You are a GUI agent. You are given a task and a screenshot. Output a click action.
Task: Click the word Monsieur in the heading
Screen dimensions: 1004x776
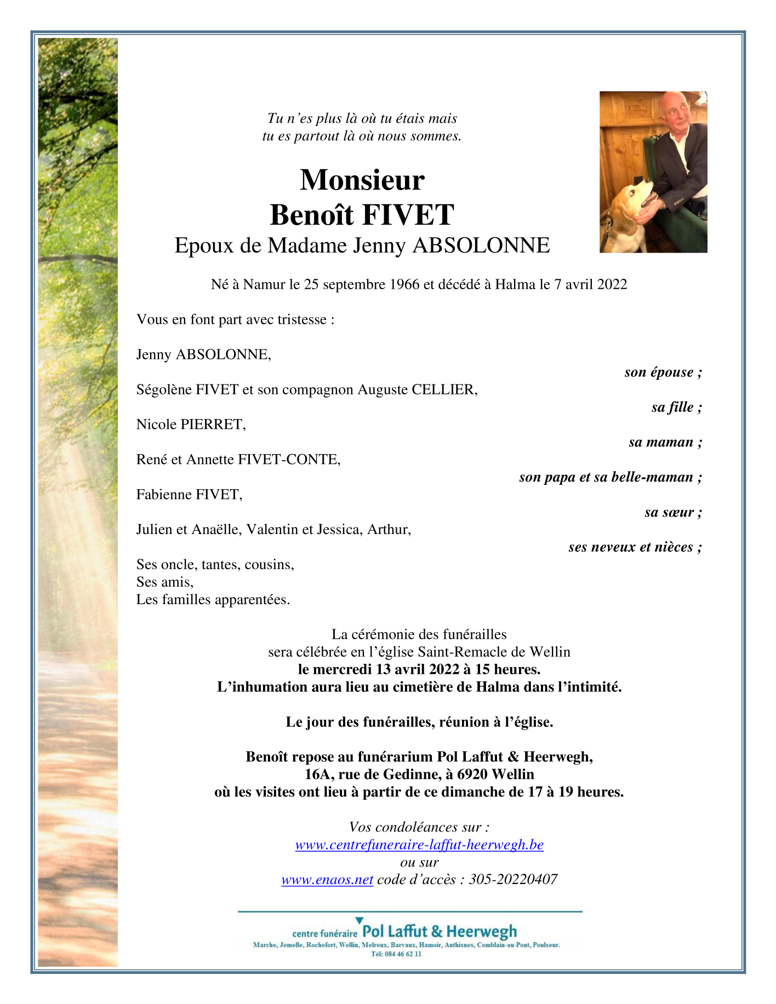click(362, 180)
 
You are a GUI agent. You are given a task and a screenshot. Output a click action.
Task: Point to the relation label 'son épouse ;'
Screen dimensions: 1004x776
click(663, 372)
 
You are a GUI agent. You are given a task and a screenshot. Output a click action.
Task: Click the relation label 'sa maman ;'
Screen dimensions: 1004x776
click(665, 442)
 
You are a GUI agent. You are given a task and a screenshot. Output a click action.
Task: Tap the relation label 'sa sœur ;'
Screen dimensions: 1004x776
click(673, 512)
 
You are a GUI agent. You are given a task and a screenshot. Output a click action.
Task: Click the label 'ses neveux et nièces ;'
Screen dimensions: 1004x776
click(635, 547)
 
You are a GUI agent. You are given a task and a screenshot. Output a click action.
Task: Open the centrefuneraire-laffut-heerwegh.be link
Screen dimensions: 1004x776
click(419, 845)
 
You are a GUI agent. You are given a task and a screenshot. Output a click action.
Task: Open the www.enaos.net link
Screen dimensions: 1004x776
click(327, 880)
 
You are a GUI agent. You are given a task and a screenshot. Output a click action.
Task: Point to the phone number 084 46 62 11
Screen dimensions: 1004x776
click(403, 954)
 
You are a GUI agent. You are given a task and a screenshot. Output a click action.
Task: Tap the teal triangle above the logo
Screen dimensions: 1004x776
click(360, 921)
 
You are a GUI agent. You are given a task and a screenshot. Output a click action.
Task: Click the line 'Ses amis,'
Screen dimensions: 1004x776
click(165, 582)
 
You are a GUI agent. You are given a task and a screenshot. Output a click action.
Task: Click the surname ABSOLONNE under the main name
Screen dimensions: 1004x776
click(481, 246)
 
